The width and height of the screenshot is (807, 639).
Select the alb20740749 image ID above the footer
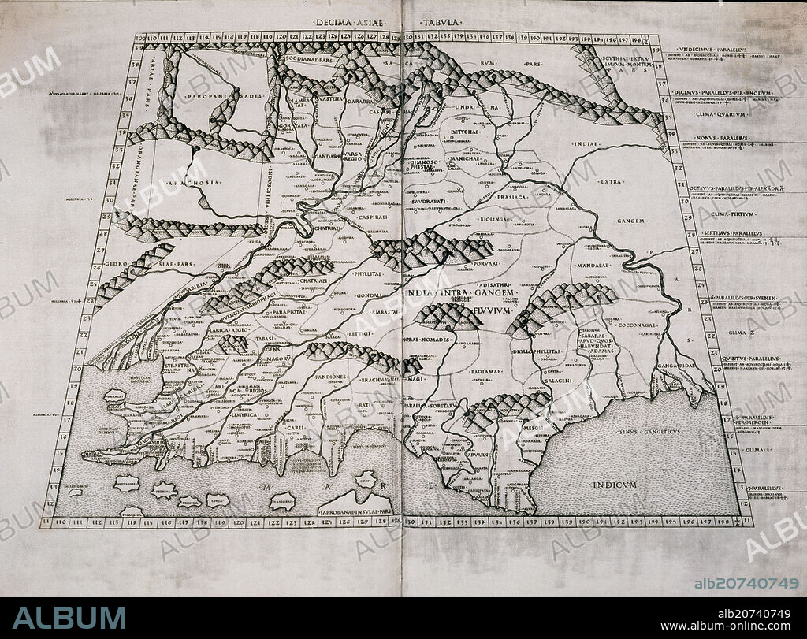[x=746, y=583]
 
